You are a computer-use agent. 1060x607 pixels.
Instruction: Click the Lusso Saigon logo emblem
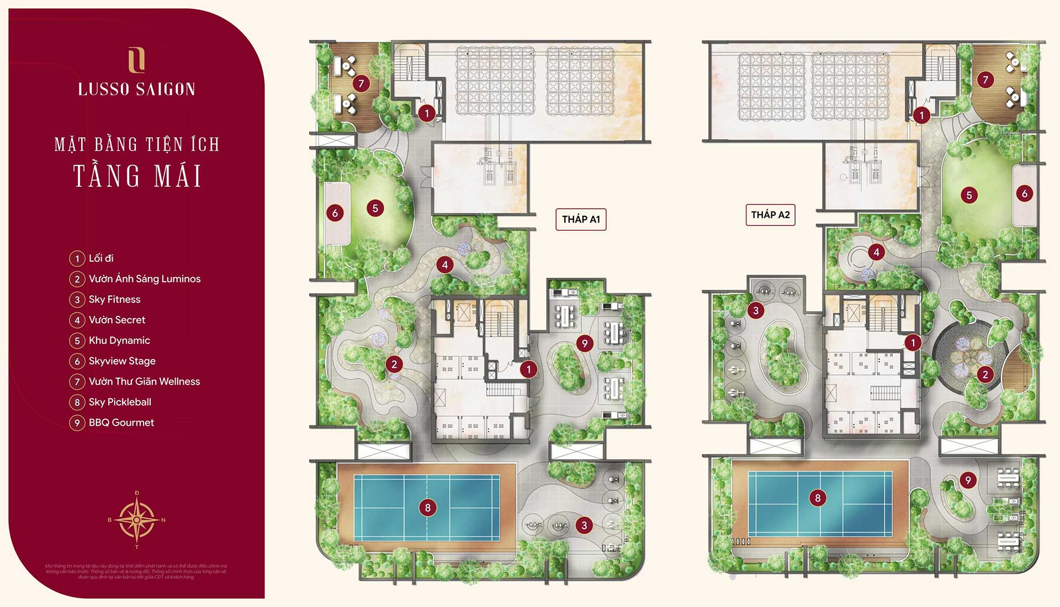136,60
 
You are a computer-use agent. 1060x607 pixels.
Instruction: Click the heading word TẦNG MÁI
137,176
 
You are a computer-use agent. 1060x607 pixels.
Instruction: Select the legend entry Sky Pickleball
120,402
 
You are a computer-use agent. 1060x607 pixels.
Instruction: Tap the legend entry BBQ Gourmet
121,423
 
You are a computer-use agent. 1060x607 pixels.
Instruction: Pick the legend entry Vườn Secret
117,320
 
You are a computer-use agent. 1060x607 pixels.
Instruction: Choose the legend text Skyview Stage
122,361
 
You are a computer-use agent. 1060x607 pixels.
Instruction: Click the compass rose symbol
136,519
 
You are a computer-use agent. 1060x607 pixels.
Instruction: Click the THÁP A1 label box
581,219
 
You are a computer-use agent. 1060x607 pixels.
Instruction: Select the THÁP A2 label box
770,215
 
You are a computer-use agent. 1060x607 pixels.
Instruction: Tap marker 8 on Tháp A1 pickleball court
427,508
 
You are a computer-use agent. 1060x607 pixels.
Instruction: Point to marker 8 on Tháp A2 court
818,498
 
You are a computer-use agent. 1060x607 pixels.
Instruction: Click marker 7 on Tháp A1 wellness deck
361,83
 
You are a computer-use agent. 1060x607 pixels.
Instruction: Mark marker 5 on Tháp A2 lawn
969,195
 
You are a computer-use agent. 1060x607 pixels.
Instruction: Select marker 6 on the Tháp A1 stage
335,213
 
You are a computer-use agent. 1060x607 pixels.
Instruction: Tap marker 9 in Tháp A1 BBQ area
585,344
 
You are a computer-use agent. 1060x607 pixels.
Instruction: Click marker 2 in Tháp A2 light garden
985,374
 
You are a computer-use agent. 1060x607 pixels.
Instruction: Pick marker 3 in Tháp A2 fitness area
756,310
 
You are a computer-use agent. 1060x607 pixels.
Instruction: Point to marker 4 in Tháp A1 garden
445,265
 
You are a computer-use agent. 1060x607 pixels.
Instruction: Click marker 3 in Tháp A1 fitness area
584,525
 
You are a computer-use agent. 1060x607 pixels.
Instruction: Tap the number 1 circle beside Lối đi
77,258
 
